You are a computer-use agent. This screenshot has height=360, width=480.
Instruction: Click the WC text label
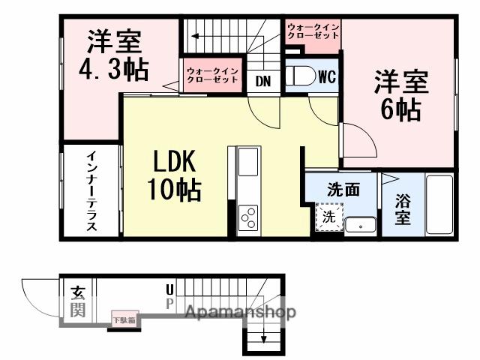[326, 76]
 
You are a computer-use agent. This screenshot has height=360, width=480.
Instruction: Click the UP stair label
[169, 296]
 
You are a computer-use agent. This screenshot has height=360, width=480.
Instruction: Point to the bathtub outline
[439, 205]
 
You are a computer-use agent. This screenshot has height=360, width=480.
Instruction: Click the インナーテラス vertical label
[90, 191]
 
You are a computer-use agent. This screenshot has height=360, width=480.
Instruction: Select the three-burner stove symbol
[248, 217]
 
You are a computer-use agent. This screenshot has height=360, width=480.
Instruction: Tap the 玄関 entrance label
[78, 301]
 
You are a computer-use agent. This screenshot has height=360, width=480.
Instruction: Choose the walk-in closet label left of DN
[212, 75]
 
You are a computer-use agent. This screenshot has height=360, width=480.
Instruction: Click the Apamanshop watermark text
[240, 312]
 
